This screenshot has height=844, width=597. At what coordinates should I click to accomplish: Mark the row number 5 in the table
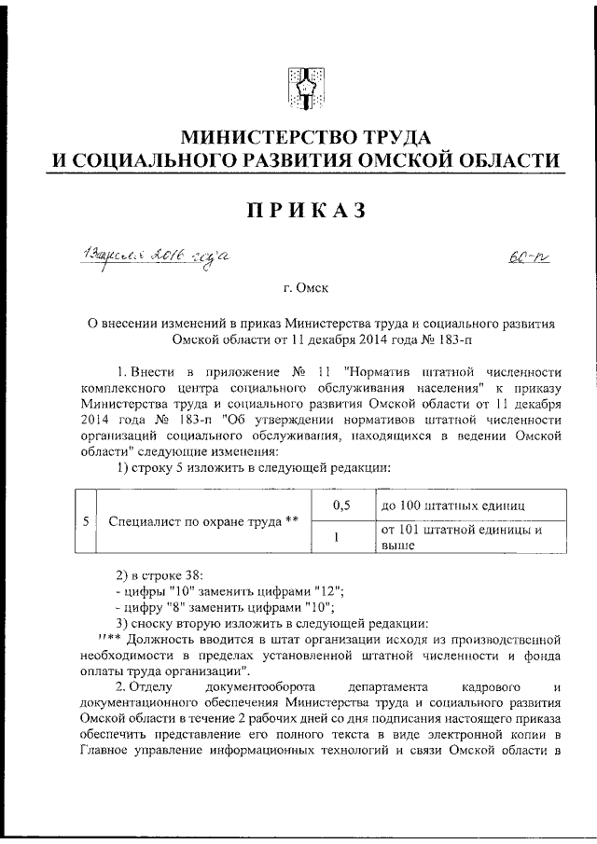[x=85, y=521]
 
